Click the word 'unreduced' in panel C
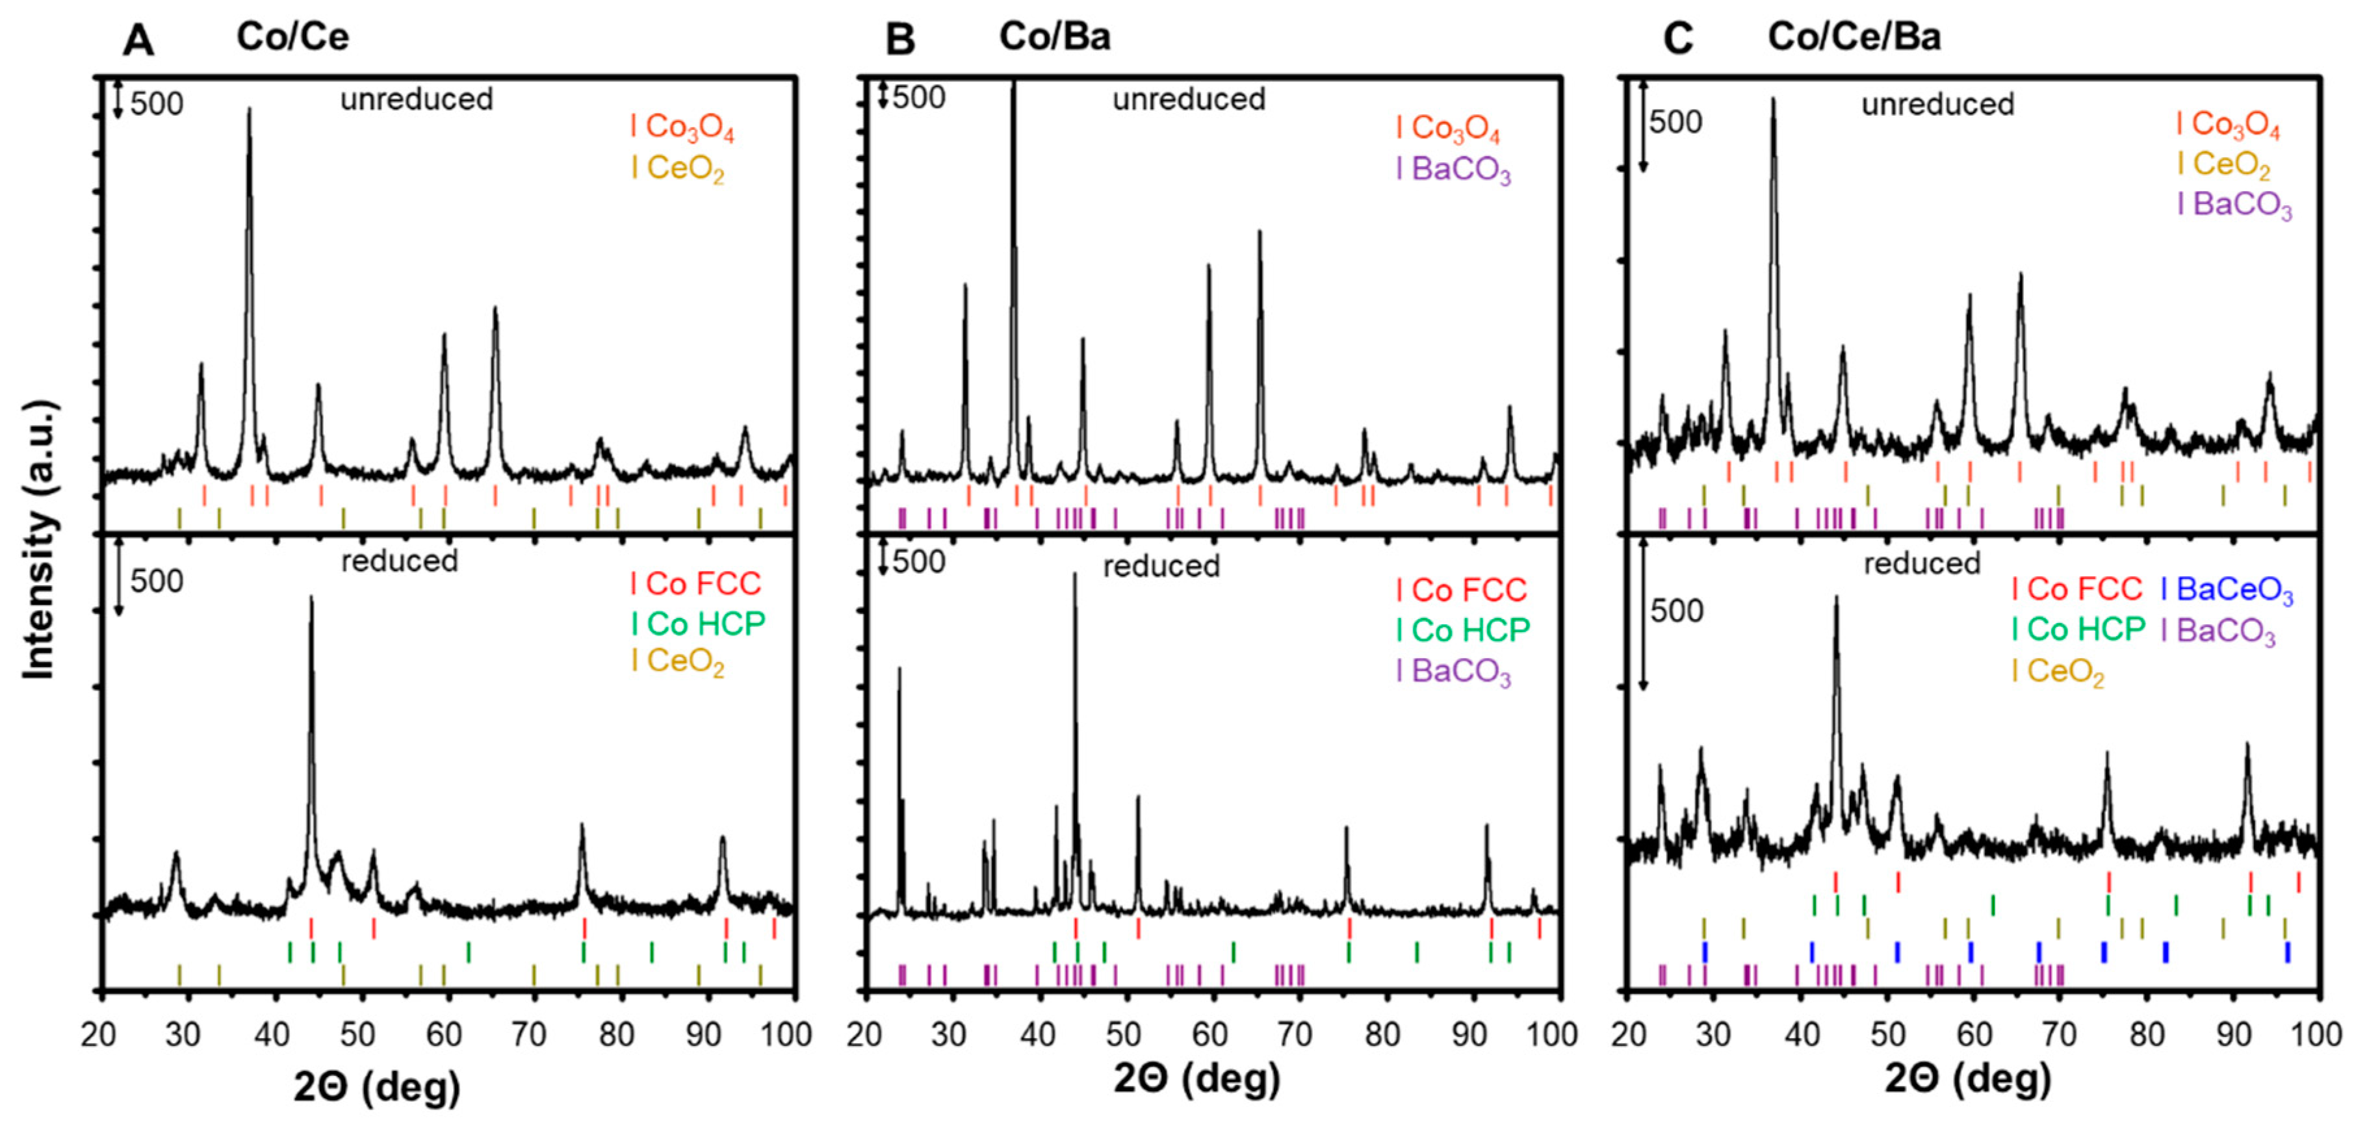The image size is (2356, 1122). (x=1937, y=104)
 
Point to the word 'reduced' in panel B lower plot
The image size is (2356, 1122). (x=1161, y=566)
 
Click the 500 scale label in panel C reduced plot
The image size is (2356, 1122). (x=1676, y=611)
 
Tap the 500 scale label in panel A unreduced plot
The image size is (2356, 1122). (x=157, y=104)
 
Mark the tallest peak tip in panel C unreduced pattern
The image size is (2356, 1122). (x=1772, y=99)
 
